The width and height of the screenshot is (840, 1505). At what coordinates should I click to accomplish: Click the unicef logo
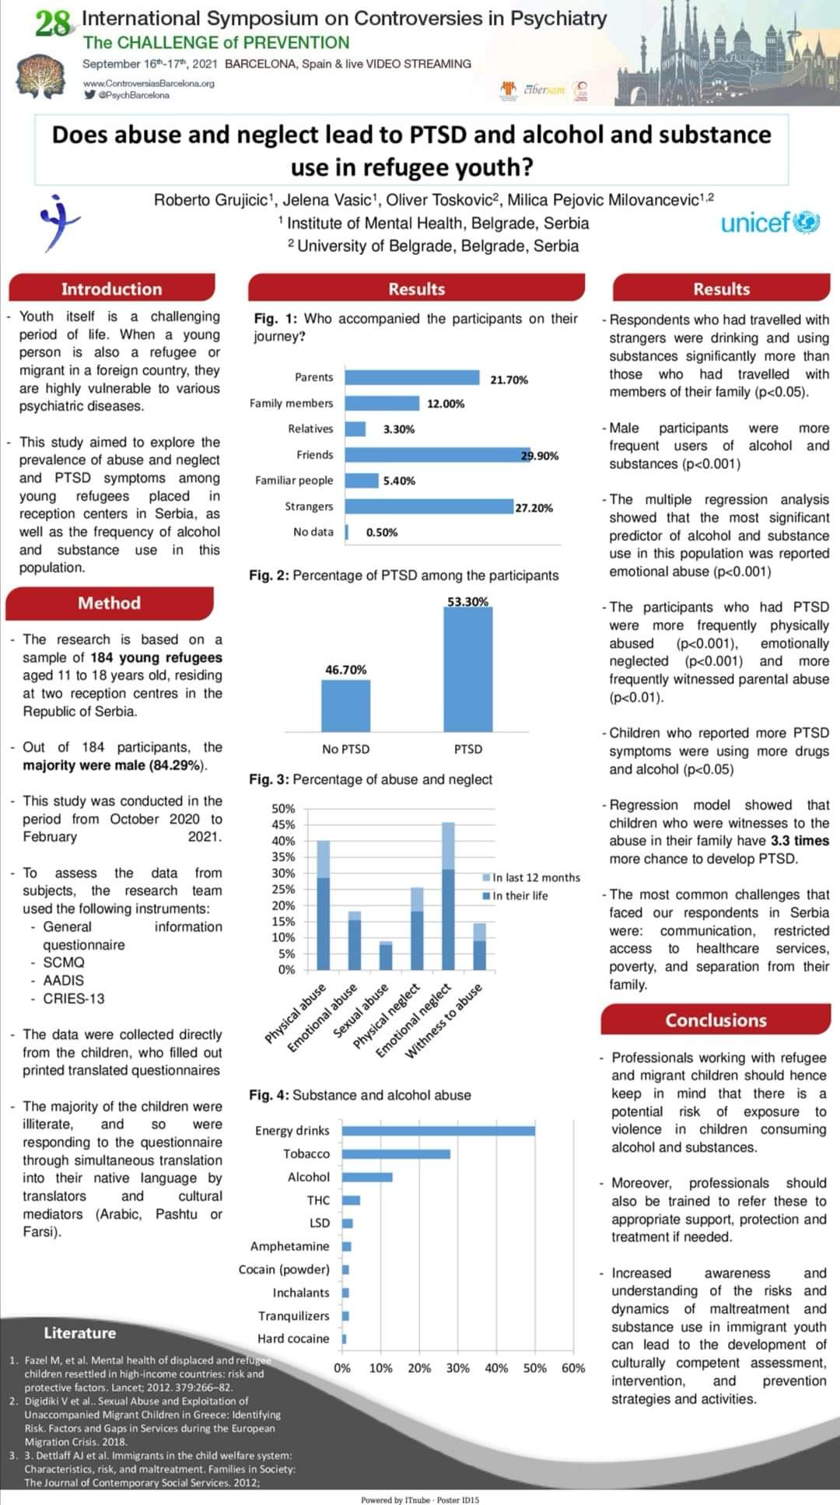click(770, 223)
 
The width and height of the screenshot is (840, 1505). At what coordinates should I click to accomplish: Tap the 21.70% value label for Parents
click(509, 380)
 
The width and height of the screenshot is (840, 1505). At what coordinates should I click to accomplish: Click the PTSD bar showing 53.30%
click(467, 669)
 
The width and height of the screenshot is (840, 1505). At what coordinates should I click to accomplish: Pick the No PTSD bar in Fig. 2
click(345, 705)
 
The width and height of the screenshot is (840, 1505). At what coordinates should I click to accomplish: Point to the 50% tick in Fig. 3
click(283, 809)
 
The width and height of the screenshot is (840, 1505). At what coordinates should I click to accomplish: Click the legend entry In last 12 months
click(536, 877)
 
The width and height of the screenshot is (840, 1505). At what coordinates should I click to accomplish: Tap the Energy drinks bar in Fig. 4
click(438, 1130)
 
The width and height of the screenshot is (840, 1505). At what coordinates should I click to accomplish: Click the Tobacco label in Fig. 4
click(306, 1153)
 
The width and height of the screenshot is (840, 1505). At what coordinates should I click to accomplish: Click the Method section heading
click(110, 603)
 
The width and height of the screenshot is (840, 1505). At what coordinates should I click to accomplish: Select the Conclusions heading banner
click(716, 1020)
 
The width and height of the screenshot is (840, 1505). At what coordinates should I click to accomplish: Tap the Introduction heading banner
click(111, 289)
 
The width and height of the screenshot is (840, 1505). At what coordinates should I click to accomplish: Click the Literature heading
click(79, 1332)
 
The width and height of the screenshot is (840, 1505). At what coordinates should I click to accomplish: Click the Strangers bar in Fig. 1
click(429, 506)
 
